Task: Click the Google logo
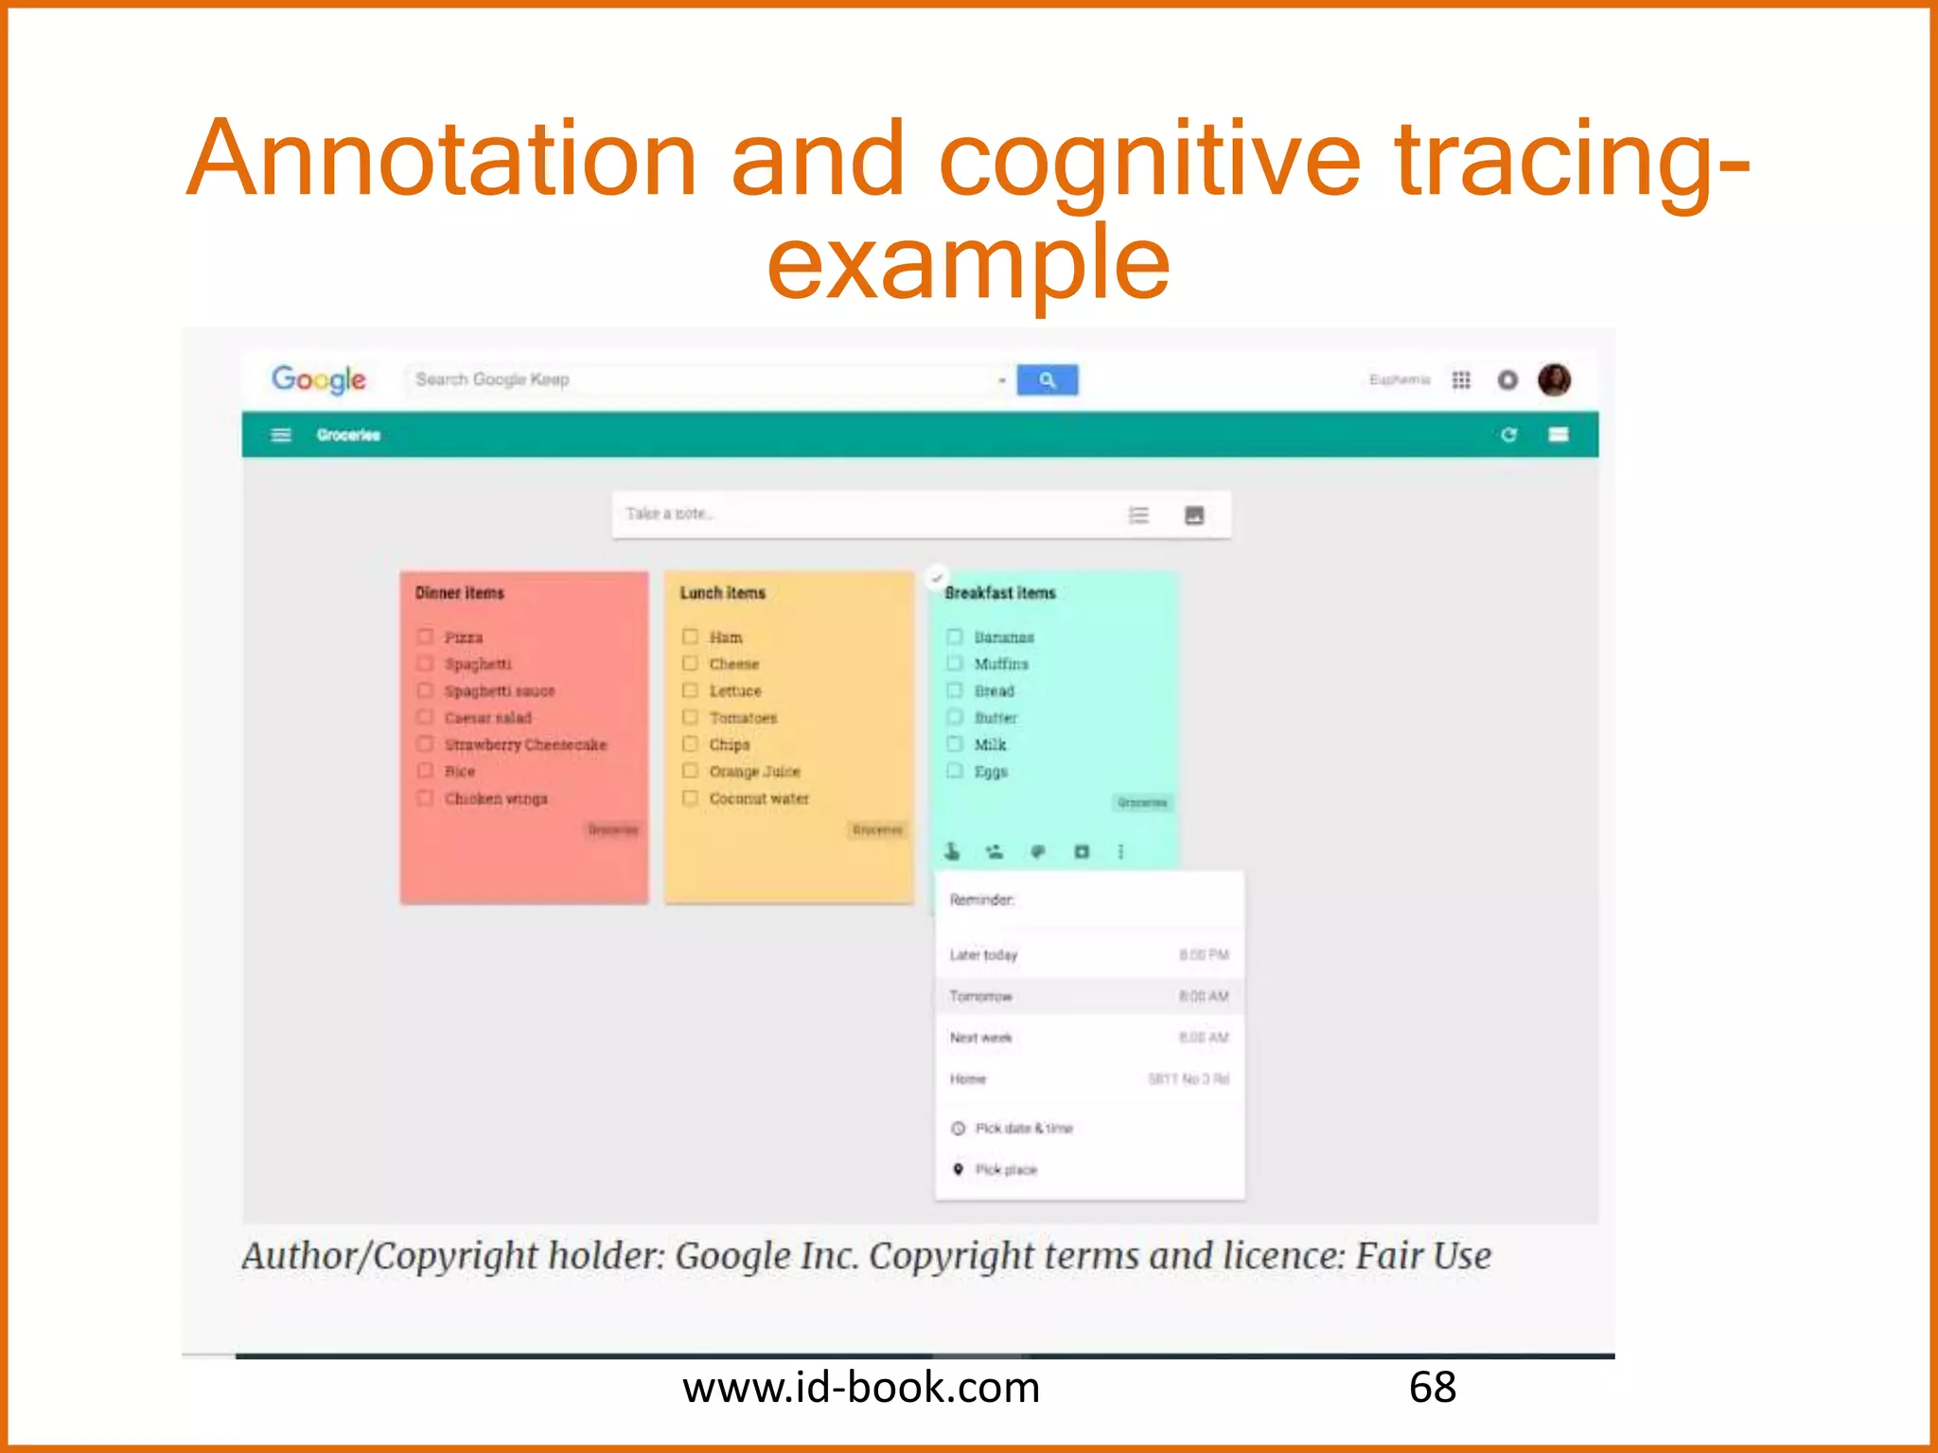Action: coord(319,379)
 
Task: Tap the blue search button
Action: coord(1047,379)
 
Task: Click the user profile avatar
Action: coord(1554,379)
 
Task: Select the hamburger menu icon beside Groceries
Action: coord(281,435)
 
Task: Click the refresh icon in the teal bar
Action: coord(1508,434)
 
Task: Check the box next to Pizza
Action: coord(426,637)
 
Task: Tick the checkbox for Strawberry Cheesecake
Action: coord(426,744)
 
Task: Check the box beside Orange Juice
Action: coord(691,771)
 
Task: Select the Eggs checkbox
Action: coord(956,771)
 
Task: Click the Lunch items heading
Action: coord(722,593)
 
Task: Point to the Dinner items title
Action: coord(460,593)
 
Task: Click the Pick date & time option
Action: coord(1024,1129)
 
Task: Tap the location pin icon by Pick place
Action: coord(958,1169)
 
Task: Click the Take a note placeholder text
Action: coord(669,514)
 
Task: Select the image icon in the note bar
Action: coord(1194,516)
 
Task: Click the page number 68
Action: coord(1432,1388)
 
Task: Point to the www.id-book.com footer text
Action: coord(861,1388)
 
